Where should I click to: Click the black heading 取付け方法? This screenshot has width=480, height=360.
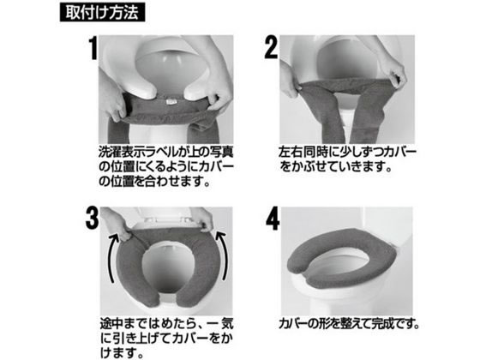(x=102, y=12)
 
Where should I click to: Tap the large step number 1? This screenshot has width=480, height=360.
(x=93, y=48)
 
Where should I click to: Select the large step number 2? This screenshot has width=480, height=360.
(x=271, y=47)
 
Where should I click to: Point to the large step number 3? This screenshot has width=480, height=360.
(x=93, y=218)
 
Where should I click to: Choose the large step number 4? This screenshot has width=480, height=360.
(x=273, y=219)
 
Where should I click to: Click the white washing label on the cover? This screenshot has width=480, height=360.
(x=171, y=102)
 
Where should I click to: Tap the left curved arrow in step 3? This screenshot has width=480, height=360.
(x=112, y=257)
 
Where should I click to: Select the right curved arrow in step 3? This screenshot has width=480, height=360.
(x=222, y=255)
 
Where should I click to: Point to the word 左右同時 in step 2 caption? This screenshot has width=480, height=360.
(x=303, y=153)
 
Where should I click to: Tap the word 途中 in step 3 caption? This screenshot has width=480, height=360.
(x=111, y=324)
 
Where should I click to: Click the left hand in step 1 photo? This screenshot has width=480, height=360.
(x=113, y=101)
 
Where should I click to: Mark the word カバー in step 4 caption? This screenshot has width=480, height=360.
(x=293, y=324)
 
